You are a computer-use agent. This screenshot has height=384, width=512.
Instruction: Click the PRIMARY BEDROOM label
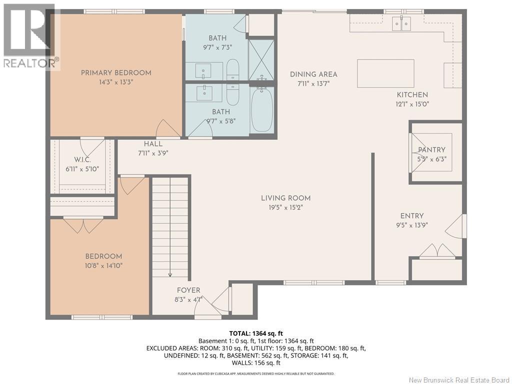116,73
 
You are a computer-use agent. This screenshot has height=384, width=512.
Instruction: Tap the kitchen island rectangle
385,73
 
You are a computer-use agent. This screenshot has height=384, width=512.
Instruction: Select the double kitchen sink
401,23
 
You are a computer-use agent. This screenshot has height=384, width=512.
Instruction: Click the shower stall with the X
261,60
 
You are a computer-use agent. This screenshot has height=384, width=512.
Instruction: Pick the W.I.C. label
82,160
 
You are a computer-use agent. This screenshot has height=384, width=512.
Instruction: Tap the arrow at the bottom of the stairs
170,274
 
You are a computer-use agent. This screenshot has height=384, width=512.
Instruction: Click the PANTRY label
431,149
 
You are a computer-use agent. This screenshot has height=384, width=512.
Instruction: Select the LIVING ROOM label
285,198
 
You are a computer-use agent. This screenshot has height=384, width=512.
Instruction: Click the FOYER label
188,290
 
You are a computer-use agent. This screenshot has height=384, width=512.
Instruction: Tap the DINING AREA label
313,74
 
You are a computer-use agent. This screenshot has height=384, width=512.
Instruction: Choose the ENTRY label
412,216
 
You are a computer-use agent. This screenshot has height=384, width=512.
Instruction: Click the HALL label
153,143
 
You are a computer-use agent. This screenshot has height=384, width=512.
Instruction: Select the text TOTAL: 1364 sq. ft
256,333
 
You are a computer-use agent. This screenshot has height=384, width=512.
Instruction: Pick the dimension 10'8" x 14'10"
104,266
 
